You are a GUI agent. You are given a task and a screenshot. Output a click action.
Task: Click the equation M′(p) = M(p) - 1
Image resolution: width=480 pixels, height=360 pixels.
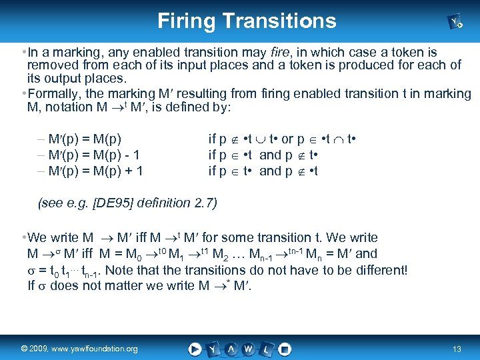tap(89, 155)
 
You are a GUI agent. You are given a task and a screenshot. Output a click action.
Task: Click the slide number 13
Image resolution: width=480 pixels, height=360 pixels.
tap(457, 349)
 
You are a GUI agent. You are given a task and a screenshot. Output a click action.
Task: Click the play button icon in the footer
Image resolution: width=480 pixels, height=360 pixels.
tap(195, 348)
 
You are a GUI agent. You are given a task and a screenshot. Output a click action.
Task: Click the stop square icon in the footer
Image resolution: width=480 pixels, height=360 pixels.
tap(285, 348)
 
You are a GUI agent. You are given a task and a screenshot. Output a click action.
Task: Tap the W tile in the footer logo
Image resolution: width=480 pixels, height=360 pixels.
tap(249, 348)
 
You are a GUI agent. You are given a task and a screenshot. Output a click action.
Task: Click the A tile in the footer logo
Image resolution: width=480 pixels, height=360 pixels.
tap(231, 348)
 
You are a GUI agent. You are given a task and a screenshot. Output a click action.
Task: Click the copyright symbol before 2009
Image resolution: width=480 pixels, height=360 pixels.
tap(24, 349)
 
